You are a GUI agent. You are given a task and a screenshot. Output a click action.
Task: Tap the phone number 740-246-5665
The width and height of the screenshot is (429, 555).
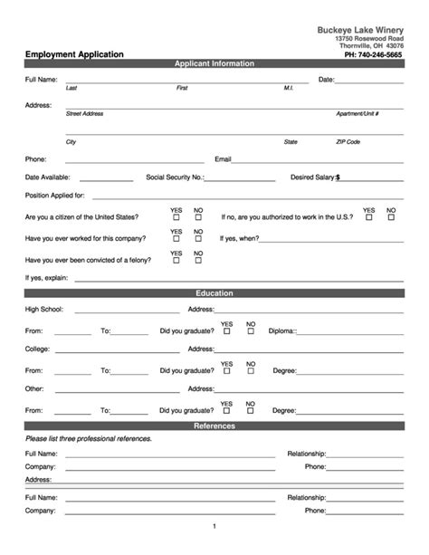[374, 54]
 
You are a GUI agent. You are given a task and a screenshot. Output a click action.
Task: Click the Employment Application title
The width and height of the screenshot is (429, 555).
[74, 54]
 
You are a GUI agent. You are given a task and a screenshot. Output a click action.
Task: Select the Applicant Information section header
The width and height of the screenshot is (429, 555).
[214, 64]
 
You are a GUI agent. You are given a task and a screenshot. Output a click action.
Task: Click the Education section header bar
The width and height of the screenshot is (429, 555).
[214, 293]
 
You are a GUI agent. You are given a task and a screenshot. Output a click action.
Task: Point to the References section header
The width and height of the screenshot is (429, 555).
[214, 426]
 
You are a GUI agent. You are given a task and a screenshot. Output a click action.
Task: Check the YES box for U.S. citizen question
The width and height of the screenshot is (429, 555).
[176, 218]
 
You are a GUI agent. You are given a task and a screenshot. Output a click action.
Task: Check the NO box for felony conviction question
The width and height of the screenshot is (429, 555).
[198, 261]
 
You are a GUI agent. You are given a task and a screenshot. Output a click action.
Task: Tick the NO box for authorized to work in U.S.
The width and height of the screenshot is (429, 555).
[391, 218]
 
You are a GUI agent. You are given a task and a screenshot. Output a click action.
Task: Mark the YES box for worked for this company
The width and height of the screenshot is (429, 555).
[176, 239]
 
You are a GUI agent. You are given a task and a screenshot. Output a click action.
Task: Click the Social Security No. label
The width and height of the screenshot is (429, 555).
[175, 177]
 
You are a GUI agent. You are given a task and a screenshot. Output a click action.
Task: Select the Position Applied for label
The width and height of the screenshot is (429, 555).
[55, 196]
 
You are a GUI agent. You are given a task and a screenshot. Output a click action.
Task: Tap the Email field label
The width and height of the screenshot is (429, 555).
[223, 158]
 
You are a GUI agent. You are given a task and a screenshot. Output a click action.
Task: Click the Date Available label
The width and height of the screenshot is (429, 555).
[48, 177]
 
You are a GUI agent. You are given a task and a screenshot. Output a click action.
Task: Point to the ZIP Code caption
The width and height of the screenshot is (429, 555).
[348, 142]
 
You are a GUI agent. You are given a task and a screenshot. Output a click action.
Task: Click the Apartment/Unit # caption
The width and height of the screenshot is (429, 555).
[357, 114]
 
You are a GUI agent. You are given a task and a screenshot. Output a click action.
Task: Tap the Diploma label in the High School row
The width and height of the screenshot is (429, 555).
[282, 331]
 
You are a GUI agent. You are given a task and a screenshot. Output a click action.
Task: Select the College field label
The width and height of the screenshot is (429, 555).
[38, 349]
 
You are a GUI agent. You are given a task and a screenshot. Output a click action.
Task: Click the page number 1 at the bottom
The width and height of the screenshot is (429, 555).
[214, 526]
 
